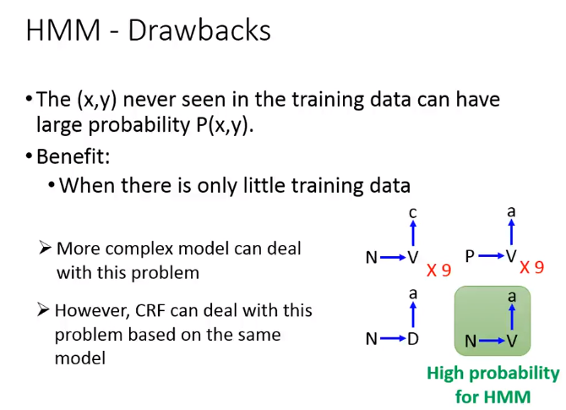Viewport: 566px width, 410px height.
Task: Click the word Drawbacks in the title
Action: click(x=199, y=30)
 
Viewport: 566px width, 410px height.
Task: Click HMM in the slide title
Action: click(x=63, y=30)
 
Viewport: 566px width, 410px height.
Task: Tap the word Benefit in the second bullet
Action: click(x=71, y=156)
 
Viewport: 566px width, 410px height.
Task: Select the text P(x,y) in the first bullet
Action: click(x=222, y=125)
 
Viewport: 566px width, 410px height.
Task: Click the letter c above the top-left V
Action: click(x=413, y=213)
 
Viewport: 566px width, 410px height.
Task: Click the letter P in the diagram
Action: click(x=470, y=256)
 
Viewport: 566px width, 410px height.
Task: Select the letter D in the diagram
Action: click(x=413, y=339)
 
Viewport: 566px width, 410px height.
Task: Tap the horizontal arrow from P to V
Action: click(x=492, y=256)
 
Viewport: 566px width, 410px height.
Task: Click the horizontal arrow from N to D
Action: click(x=393, y=338)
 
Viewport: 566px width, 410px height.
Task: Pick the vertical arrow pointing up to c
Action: click(x=413, y=233)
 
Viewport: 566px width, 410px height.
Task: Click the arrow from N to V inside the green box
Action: click(x=492, y=341)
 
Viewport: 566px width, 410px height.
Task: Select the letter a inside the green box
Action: click(x=512, y=297)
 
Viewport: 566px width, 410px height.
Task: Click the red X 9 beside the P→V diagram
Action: click(x=531, y=268)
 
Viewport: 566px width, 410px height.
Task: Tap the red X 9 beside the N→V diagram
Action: click(x=438, y=270)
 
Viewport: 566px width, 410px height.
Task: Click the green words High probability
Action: click(x=493, y=374)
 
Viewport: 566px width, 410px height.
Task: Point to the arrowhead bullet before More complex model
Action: click(x=45, y=248)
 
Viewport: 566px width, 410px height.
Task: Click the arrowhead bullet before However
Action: click(x=43, y=309)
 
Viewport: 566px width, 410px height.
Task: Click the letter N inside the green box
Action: click(x=471, y=341)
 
